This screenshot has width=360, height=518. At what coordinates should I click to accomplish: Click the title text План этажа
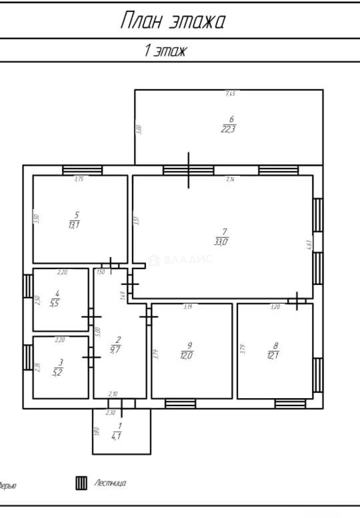[x=173, y=22]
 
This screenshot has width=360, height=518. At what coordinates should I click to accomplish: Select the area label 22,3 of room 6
[x=228, y=129]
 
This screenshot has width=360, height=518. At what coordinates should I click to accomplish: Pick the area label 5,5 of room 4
[x=57, y=303]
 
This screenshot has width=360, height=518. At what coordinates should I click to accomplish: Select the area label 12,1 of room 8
[x=275, y=355]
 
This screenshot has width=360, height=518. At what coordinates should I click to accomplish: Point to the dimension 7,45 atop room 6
[x=230, y=94]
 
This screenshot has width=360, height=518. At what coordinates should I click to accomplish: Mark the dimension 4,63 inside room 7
[x=309, y=245]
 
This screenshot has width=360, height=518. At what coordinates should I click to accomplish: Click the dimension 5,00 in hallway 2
[x=97, y=331]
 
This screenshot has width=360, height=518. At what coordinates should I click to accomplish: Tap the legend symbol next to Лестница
[x=81, y=483]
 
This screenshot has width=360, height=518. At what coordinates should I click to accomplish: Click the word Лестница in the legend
[x=110, y=483]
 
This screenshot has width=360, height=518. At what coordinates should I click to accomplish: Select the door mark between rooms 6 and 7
[x=189, y=170]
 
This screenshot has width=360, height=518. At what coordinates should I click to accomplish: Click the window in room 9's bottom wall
[x=180, y=404]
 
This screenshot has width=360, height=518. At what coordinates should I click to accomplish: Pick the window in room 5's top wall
[x=82, y=170]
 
